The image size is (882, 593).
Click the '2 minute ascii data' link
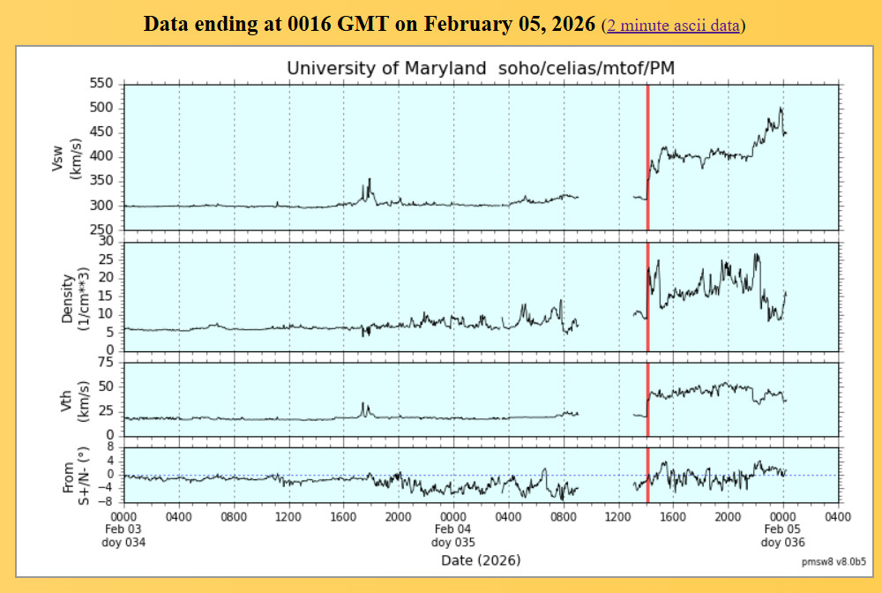(673, 26)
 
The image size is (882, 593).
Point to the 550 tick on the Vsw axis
(105, 83)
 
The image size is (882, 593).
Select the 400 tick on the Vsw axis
(105, 156)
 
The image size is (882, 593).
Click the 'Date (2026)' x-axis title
(481, 560)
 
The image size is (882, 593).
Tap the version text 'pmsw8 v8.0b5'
(833, 561)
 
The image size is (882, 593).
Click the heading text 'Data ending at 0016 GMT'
(369, 24)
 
